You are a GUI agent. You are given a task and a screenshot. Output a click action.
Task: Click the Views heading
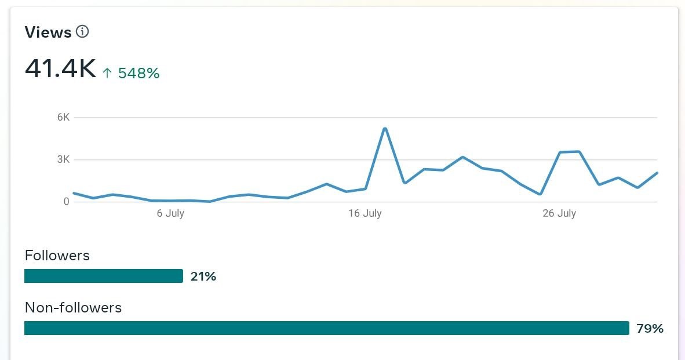point(48,32)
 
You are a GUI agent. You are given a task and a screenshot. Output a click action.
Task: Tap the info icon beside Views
point(82,31)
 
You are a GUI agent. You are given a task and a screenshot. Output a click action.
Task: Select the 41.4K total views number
point(60,69)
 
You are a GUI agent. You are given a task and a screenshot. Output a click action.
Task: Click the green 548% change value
point(139,73)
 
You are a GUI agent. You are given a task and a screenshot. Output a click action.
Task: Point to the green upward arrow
point(107,73)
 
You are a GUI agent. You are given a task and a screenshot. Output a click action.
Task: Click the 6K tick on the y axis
point(63,117)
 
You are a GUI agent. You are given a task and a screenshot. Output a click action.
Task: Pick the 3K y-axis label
point(63,159)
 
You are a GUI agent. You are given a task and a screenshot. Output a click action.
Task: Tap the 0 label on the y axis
point(67,201)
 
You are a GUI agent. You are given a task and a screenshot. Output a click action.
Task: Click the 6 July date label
point(170,213)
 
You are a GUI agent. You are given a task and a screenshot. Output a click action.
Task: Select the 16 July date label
point(365,213)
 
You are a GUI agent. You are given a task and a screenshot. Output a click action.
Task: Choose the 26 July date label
point(559,213)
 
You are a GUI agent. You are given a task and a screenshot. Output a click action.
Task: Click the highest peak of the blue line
point(385,129)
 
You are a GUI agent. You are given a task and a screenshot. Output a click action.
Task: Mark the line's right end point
point(657,173)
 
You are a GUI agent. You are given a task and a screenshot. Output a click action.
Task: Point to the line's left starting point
point(74,193)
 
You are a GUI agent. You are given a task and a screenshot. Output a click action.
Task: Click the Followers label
point(57,255)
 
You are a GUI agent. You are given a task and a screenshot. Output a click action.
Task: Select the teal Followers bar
point(104,276)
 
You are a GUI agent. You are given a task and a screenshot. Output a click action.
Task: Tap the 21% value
point(203,277)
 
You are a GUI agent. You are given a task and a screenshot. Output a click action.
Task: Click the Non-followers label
point(74,308)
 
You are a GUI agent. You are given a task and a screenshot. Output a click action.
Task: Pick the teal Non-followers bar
point(327,328)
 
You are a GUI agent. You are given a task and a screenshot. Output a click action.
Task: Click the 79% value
point(650,329)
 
